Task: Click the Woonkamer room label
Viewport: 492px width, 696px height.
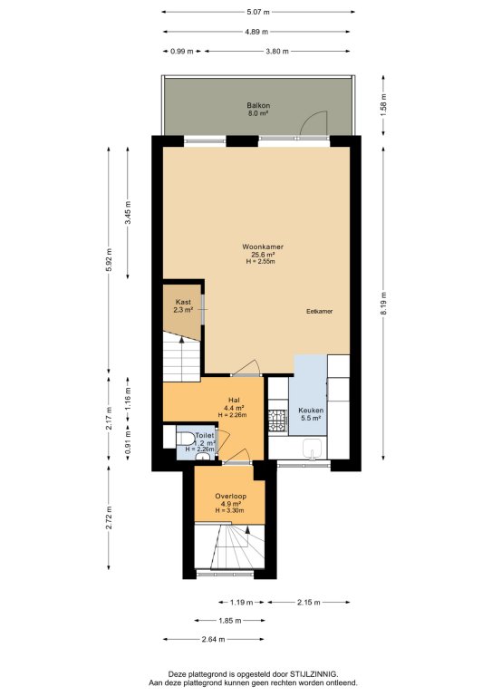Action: pos(263,246)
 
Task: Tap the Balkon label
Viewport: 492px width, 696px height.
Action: pos(258,106)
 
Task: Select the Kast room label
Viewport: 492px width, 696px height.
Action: pos(183,303)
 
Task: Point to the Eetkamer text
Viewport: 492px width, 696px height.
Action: pos(320,312)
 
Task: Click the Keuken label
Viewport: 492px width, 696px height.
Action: pos(311,411)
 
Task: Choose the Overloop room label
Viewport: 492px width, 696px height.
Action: pos(231,497)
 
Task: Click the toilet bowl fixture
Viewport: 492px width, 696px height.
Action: pos(186,439)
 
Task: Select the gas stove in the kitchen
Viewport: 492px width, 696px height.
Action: pos(278,420)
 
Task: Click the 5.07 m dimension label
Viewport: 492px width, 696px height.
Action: pos(258,12)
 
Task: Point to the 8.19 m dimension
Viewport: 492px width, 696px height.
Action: pos(384,304)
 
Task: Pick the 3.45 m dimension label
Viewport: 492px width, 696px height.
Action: pos(129,213)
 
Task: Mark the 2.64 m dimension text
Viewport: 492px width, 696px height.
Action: pos(214,639)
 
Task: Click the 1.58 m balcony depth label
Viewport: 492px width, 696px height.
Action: pos(384,105)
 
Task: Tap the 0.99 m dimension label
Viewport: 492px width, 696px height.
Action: pos(182,51)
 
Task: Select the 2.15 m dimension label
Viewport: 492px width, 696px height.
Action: pos(308,603)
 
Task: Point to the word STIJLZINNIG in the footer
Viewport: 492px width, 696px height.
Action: pos(316,674)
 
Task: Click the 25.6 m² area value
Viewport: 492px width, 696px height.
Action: pos(263,255)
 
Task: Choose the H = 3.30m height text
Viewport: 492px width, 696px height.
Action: pos(230,510)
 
